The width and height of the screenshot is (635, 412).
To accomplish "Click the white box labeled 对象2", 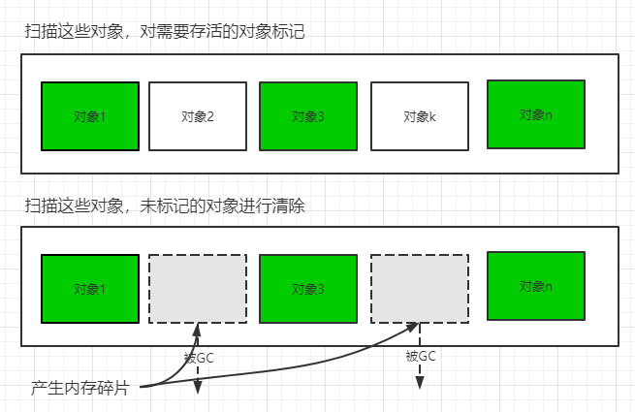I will pos(197,116).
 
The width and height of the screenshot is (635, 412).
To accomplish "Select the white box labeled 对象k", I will pos(420,116).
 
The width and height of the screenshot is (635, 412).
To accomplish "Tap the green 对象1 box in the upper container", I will pos(89,116).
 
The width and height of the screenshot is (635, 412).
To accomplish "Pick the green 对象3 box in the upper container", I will pos(307,116).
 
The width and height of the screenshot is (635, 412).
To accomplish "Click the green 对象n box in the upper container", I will pos(535,114).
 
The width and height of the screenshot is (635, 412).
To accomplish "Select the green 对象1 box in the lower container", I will pos(89,288).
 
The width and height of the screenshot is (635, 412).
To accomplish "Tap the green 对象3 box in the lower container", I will pos(307,288).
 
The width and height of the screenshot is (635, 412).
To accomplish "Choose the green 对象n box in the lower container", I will pos(535,286).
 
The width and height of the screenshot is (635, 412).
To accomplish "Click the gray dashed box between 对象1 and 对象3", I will pos(197,288).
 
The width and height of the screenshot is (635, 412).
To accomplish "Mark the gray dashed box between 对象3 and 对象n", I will pos(420,288).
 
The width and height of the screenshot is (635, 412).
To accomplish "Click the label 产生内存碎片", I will pos(84,388).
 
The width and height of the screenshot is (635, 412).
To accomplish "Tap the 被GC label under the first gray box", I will pos(199,358).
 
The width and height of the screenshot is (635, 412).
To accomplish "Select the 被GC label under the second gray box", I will pos(420,356).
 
